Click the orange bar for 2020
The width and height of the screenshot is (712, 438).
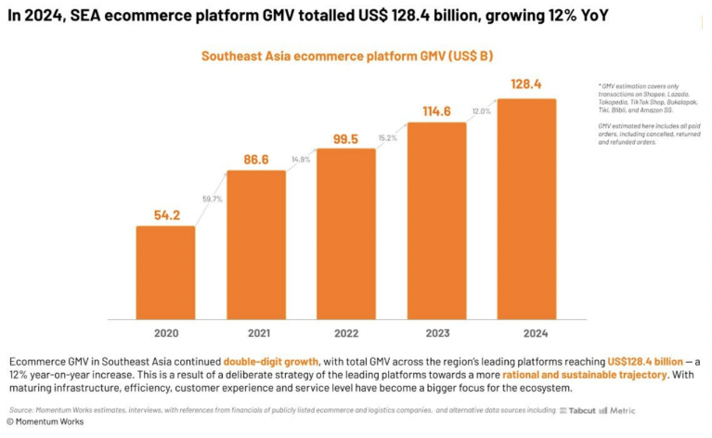[x=165, y=271]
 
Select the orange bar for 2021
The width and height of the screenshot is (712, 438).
[x=255, y=244]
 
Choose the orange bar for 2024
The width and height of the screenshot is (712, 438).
[x=526, y=208]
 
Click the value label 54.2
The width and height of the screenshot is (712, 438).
[x=165, y=214]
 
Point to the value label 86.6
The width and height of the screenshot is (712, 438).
[x=255, y=160]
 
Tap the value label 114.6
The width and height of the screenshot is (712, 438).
[x=436, y=111]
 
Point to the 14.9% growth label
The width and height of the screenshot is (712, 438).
[x=301, y=159]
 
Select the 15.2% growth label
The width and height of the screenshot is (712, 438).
[x=391, y=137]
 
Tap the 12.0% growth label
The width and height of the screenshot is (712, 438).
[x=481, y=111]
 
